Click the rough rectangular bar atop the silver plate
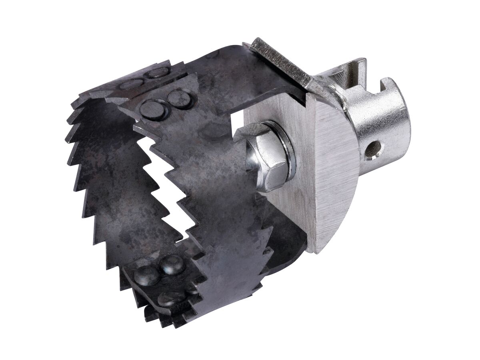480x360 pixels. [280, 60]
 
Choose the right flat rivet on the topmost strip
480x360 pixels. [159, 73]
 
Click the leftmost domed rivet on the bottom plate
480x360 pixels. [146, 276]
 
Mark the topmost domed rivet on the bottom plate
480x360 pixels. [172, 264]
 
